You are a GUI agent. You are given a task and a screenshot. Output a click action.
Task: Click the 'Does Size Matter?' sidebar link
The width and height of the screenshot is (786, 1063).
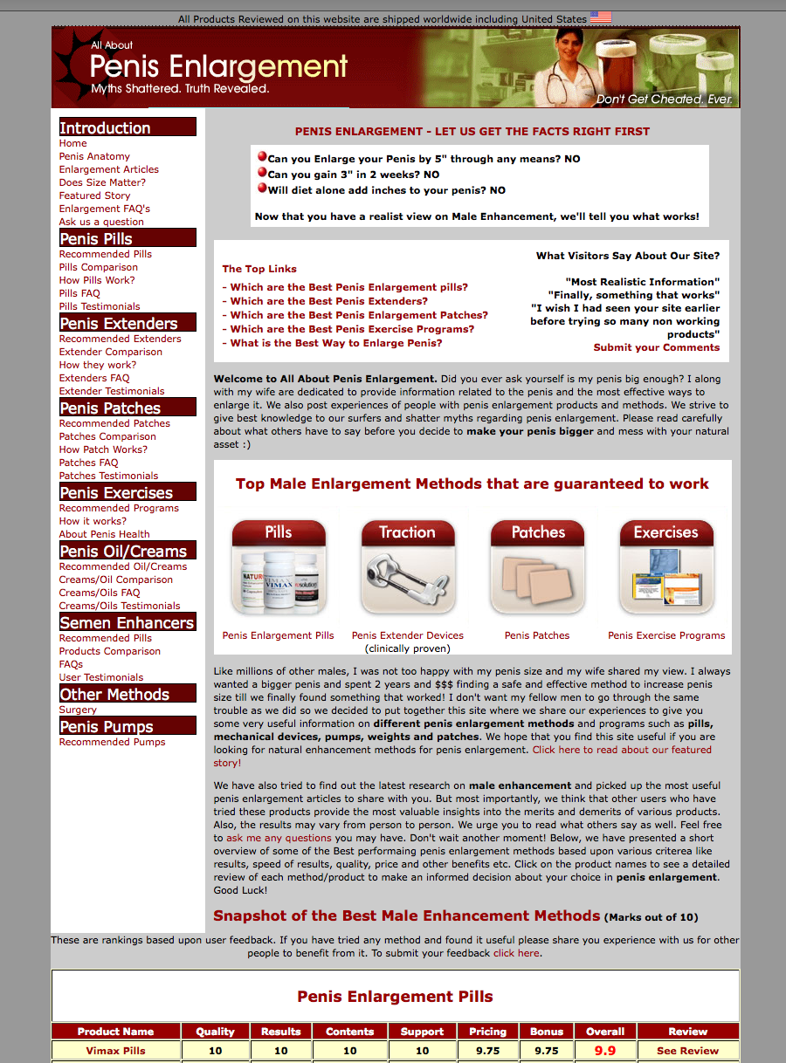(102, 182)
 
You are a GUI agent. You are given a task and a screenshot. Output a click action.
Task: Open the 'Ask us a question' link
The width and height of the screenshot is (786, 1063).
(101, 222)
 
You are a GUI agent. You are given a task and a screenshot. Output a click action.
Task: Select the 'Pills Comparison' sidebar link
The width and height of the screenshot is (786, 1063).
(99, 267)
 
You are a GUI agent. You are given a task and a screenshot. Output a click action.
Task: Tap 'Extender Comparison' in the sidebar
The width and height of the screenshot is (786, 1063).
(110, 352)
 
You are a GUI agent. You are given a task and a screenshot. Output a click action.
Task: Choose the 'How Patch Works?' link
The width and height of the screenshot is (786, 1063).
(103, 449)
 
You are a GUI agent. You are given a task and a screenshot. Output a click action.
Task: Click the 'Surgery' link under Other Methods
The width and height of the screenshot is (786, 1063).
(78, 710)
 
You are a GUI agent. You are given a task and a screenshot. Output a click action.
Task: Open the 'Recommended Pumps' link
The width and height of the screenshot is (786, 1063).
(112, 742)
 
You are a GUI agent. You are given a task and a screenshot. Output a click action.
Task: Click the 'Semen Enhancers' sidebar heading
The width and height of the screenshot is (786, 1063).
(127, 622)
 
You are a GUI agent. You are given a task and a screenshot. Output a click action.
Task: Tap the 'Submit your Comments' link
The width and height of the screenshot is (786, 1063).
(657, 347)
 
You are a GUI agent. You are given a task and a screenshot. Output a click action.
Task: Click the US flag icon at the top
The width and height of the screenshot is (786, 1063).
(601, 17)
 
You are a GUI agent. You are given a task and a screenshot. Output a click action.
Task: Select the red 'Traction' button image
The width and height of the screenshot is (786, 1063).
(407, 567)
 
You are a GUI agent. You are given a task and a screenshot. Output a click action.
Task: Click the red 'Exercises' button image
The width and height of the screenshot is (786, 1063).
(666, 567)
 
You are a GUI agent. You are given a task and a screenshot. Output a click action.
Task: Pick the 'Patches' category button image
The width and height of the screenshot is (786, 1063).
(537, 567)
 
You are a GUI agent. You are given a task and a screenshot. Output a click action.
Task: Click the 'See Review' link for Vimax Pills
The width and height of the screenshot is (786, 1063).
(687, 1051)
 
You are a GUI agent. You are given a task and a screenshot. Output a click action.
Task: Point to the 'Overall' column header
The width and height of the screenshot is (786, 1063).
(605, 1031)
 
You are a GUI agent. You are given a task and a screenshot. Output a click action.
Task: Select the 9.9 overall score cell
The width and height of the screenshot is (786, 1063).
(605, 1051)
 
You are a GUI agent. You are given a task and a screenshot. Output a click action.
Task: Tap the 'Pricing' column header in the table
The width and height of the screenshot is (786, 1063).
(487, 1031)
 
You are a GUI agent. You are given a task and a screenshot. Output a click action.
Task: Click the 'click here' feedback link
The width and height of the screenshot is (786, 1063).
(516, 953)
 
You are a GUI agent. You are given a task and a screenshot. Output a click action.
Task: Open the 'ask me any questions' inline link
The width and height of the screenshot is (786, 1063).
(272, 838)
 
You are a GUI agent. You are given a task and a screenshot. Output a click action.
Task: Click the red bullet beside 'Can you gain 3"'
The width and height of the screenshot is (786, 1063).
(262, 173)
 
